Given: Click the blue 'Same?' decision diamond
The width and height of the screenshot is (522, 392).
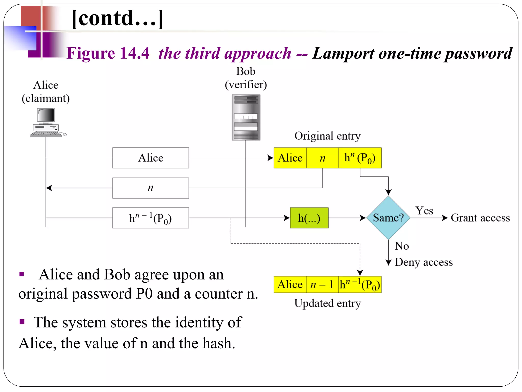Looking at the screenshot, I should [388, 218].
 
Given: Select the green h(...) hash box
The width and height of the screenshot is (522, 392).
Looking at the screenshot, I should [309, 218].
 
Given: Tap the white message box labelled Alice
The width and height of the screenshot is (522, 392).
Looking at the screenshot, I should [151, 158].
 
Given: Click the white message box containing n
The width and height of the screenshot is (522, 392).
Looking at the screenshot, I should [151, 188].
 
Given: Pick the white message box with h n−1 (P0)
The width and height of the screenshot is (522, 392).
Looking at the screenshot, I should [151, 218].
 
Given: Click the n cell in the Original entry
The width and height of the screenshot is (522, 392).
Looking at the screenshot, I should [322, 158].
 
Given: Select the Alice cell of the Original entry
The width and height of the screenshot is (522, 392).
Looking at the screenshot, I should [290, 158].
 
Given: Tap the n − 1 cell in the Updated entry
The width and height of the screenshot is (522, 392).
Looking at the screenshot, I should [322, 284].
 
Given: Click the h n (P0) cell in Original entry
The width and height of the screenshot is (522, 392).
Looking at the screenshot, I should [360, 158].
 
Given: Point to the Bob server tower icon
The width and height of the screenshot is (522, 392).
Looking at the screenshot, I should [246, 117].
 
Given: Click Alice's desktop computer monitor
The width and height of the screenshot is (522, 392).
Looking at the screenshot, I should [46, 115].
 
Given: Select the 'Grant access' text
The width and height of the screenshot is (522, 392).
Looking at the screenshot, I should [480, 218].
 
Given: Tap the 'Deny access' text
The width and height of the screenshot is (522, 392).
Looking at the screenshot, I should [424, 262].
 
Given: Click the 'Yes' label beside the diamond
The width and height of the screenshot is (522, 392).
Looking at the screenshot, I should [424, 211].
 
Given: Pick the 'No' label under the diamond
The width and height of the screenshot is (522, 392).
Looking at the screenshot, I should [402, 246].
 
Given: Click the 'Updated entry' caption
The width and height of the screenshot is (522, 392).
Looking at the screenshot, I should [328, 303].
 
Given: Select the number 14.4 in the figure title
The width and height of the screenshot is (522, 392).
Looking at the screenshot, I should [134, 53].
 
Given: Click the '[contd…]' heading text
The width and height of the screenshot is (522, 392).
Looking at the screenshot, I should [118, 18].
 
